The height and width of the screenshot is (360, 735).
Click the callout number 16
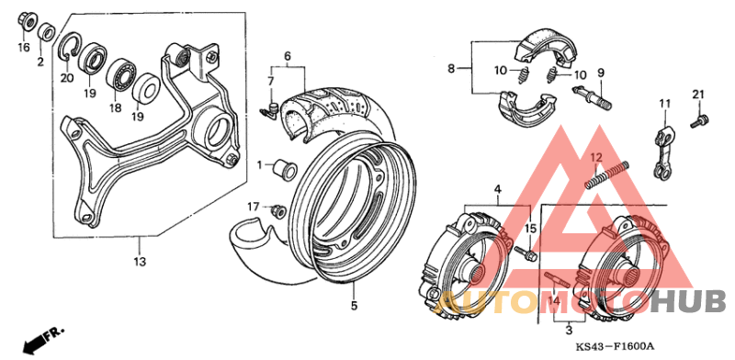point(24,46)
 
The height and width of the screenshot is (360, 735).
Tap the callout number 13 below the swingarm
point(140,261)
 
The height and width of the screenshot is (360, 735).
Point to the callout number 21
point(697,95)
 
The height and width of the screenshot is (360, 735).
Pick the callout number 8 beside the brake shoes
point(452,69)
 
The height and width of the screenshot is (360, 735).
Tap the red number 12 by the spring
point(595,156)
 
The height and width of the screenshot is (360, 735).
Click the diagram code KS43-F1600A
point(615,345)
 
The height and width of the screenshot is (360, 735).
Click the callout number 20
point(66,77)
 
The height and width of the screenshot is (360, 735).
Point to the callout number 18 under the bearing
point(116,107)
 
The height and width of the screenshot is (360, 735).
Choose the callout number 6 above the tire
point(288,57)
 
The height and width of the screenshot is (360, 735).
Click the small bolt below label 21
point(698,119)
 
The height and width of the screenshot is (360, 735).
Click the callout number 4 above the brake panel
point(497,190)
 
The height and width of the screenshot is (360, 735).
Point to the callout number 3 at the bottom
point(569,328)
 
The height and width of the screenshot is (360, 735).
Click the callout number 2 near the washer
point(40,62)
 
